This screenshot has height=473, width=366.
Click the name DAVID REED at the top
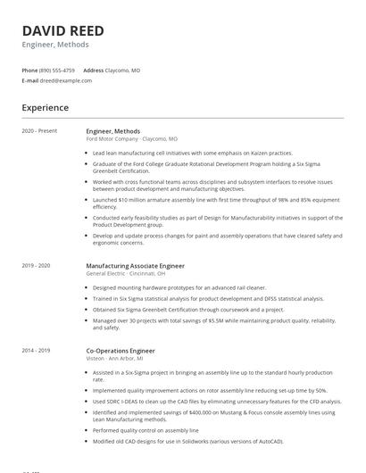coord(62,30)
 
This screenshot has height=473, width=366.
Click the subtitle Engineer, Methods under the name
coord(55,45)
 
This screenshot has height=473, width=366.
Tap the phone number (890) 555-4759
coord(58,70)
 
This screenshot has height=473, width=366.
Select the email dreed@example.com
coord(66,80)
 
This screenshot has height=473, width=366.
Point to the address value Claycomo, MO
coord(123,70)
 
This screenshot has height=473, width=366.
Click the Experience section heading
coord(45,108)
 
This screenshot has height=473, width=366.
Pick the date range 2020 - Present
coord(39,131)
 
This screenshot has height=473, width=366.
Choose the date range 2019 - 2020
coord(36,265)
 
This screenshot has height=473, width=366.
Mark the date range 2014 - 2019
coord(36,351)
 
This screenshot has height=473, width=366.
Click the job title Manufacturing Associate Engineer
coord(135,265)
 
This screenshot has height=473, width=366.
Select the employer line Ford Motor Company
coord(112,139)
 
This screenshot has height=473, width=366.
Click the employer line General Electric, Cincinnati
coord(125,273)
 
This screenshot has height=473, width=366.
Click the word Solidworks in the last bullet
coord(198,441)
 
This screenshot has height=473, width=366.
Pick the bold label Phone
coord(29,70)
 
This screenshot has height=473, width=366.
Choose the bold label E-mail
coord(30,80)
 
